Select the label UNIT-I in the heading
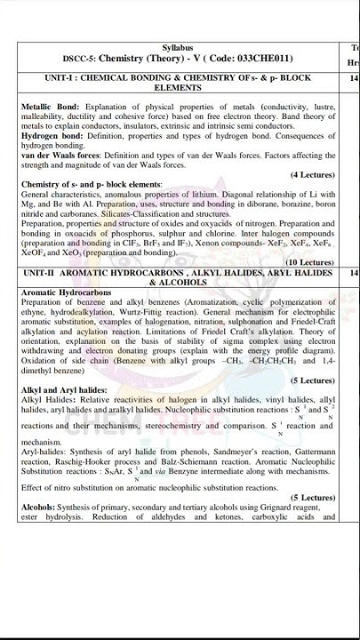click(43, 78)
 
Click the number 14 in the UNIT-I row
click(354, 78)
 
